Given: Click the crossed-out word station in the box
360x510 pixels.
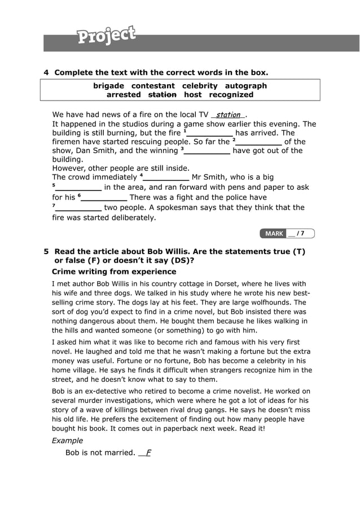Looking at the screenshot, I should (x=162, y=95).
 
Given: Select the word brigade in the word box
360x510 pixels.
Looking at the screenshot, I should (x=108, y=86).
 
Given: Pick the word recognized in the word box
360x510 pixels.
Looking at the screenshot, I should (x=231, y=95).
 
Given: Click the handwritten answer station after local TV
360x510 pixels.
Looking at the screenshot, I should (x=228, y=115).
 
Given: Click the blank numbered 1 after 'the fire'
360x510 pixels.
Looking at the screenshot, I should (x=210, y=133).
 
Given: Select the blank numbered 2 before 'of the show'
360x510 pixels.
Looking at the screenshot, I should (x=259, y=142).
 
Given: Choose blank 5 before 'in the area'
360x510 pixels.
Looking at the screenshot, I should (x=78, y=188).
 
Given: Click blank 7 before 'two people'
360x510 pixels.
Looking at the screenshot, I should (x=78, y=208).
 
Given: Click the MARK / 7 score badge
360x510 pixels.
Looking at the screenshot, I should (x=287, y=233).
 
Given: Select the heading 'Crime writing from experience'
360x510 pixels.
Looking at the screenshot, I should (x=114, y=272).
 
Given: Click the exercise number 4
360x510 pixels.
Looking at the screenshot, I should (x=46, y=72).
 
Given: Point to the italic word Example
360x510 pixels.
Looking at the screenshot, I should (x=67, y=441).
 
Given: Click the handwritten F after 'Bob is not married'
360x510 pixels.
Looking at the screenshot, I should (x=148, y=452).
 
